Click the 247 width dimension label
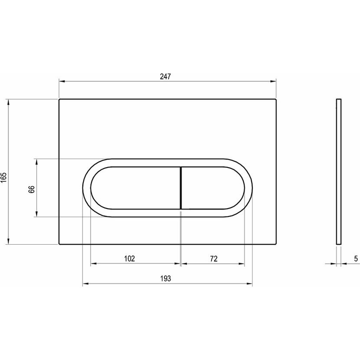(x=166, y=76)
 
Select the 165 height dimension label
(x=4, y=177)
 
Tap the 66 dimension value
(x=32, y=190)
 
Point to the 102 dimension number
(x=130, y=259)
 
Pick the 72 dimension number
(x=213, y=259)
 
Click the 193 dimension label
(x=166, y=278)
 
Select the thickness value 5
(x=356, y=259)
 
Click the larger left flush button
(x=135, y=188)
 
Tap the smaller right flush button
(x=213, y=188)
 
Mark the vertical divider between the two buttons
(x=181, y=188)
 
